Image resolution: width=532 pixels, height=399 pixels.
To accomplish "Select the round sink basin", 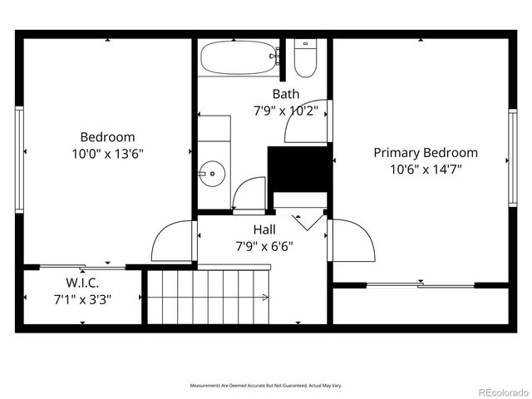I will tap(213, 175).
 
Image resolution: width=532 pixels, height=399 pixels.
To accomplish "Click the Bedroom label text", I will tap(107, 137).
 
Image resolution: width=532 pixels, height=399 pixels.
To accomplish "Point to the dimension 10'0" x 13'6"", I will tap(107, 153).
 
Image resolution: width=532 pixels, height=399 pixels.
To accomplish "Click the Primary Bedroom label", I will tap(425, 153).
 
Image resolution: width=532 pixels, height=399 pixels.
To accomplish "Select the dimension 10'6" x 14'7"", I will tap(425, 169).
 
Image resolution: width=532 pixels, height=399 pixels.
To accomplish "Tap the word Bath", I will tap(286, 94).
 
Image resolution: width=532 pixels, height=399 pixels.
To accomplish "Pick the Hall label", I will tap(265, 229).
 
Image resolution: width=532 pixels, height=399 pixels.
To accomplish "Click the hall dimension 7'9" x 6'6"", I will tap(265, 246).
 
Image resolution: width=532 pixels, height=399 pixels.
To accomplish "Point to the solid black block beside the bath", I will tap(298, 169).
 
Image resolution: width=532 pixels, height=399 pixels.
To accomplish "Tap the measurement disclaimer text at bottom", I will tap(266, 386).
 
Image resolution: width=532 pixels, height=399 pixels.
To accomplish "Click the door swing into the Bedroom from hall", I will tap(173, 242).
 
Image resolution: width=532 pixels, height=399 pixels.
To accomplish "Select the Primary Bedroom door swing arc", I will tap(352, 242).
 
